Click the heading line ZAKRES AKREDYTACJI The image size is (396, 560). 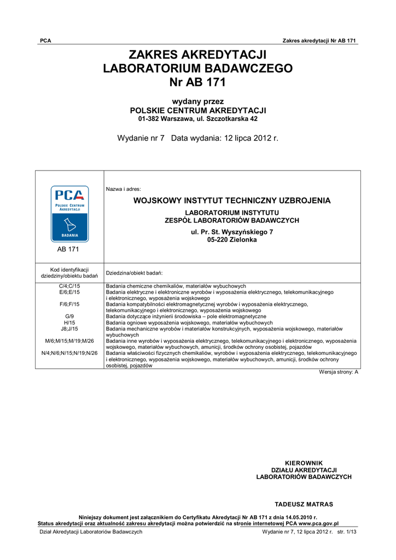[x=197, y=55]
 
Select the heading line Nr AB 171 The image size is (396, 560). [x=197, y=83]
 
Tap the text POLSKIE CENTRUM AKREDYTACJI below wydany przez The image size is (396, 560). [x=197, y=110]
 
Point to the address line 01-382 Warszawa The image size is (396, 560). [x=197, y=119]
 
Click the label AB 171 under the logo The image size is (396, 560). [x=69, y=249]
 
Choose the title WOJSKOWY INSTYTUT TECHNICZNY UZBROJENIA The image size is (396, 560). [x=232, y=201]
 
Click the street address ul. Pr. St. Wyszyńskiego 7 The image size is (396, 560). [x=232, y=232]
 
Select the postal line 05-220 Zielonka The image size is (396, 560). [x=232, y=240]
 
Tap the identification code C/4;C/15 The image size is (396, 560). [x=69, y=286]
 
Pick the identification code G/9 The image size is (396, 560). [x=69, y=317]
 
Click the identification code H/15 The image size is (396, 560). [x=69, y=323]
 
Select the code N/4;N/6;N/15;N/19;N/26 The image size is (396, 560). [x=69, y=353]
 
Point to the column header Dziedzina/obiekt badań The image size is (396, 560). [x=134, y=272]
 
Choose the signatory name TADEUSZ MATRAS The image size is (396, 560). [x=304, y=504]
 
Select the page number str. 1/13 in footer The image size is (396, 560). [x=347, y=532]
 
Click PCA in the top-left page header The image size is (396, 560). [x=45, y=41]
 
